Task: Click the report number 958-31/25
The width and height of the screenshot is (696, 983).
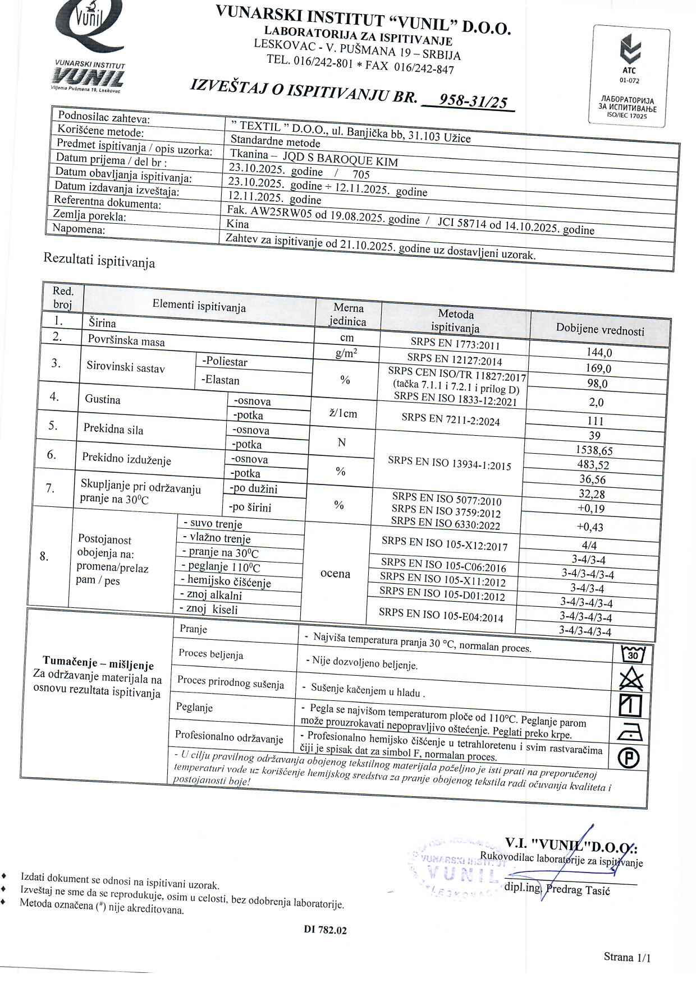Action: [473, 101]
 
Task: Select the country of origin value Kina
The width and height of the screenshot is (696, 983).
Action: [237, 224]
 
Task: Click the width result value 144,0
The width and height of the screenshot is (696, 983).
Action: [598, 353]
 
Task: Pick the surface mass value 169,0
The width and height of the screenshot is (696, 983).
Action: [598, 368]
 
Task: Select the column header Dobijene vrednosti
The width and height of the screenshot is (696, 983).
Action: [600, 330]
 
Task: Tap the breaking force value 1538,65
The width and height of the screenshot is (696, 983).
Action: [594, 450]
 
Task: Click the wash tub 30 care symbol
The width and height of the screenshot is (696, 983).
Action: [633, 654]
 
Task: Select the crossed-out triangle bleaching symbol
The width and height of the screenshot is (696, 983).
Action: [631, 680]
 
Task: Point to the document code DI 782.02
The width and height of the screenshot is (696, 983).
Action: [325, 930]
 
